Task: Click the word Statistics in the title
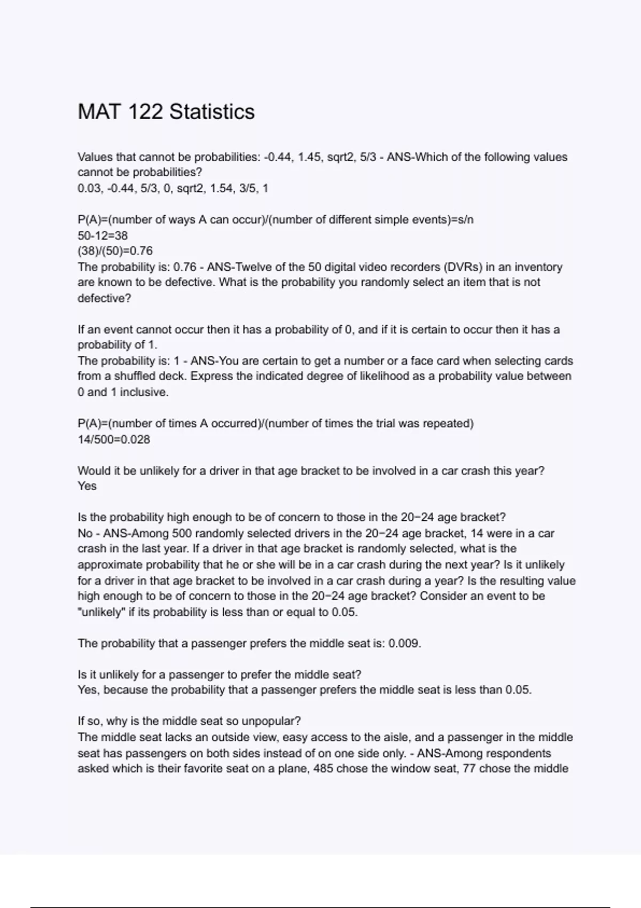(x=212, y=112)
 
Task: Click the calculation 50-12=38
(x=103, y=236)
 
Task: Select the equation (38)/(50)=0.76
(x=115, y=251)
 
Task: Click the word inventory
(x=538, y=267)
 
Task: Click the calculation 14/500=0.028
(x=114, y=440)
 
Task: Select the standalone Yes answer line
(x=87, y=487)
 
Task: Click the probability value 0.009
(x=404, y=644)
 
